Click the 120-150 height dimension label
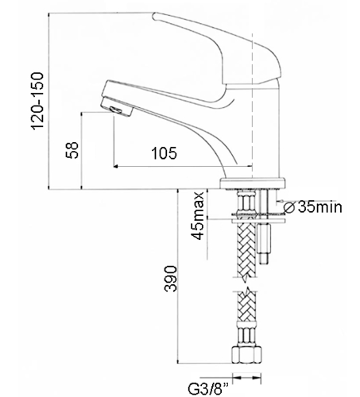coord(37,101)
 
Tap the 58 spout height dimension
coord(72,150)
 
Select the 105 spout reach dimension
coord(164,153)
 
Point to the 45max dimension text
coord(199,216)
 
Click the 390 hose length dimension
coord(170,279)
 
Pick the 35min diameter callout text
coord(320,206)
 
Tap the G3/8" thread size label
coord(208,388)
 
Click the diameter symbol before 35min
coord(289,207)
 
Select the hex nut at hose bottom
coord(247,355)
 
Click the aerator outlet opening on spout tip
coord(116,110)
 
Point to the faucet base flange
coord(253,183)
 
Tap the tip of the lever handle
coord(154,17)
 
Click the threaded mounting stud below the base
coord(264,244)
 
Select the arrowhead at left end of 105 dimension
coord(116,167)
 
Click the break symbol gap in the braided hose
coord(247,283)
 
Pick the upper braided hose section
coord(247,249)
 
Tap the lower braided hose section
coord(247,306)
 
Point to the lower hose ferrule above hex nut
coord(247,334)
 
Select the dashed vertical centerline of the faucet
coord(252,106)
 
